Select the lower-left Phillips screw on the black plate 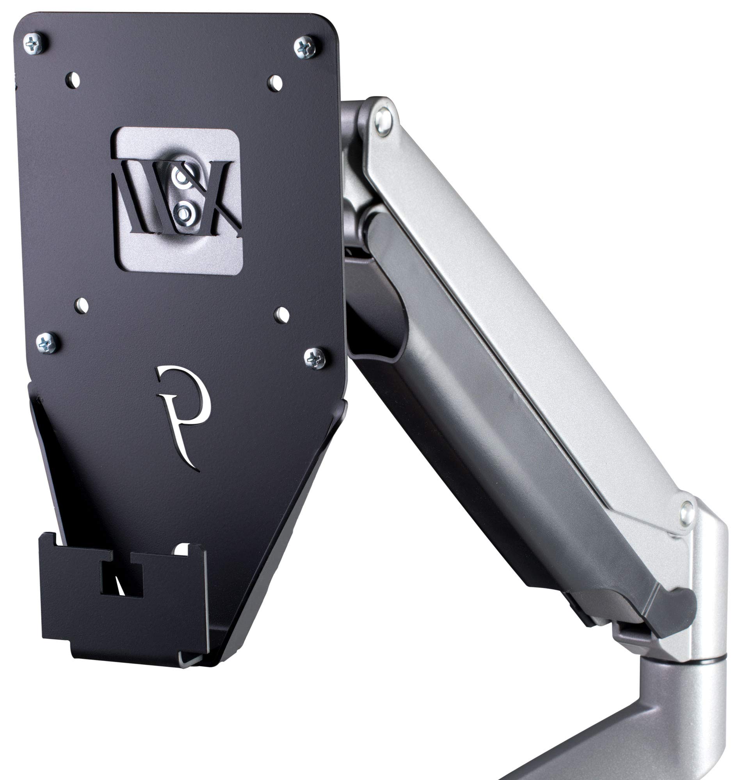point(48,343)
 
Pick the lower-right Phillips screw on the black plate point(315,358)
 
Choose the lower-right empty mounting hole point(282,314)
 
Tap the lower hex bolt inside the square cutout point(183,213)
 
